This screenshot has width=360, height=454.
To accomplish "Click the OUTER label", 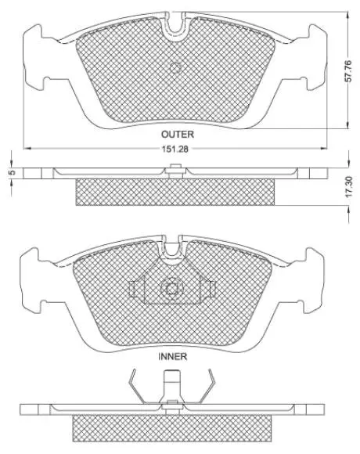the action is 178,135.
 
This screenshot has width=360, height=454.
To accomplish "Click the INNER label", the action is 173,356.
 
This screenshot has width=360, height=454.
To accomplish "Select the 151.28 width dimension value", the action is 175,149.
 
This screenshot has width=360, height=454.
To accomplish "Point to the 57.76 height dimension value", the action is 348,70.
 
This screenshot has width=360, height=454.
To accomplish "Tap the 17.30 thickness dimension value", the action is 349,187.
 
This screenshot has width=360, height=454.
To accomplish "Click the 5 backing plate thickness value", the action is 12,172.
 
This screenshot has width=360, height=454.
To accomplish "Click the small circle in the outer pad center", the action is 175,68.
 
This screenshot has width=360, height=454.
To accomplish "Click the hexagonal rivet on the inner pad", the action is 172,289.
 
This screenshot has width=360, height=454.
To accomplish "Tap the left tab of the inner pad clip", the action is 132,289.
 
